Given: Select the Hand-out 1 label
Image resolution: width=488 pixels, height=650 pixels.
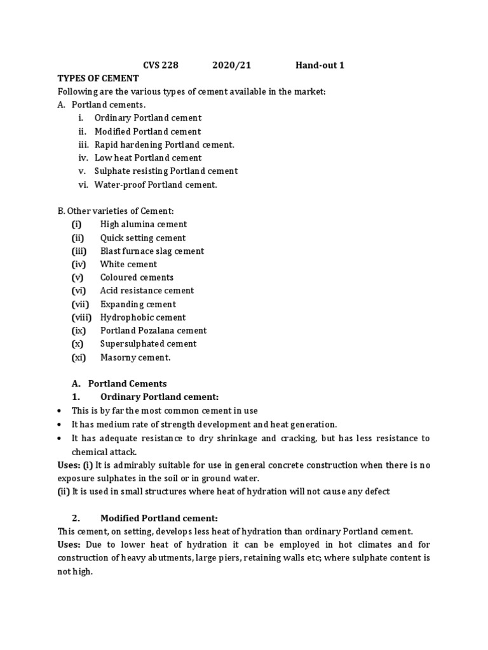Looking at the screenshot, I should (320, 65).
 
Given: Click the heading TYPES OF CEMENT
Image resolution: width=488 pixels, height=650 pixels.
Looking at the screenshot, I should (98, 78).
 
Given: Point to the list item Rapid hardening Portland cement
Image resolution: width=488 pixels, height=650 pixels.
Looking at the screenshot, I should (165, 145).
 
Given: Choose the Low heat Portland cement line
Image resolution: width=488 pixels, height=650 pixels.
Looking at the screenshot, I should (148, 158).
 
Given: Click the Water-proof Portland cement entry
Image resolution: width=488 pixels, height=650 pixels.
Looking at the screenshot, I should (156, 185).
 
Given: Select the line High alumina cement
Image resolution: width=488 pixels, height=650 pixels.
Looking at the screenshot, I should (144, 225).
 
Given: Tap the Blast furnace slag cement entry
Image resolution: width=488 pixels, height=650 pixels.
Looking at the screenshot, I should (152, 251).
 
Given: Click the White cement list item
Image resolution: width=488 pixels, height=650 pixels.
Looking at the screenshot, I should (128, 265).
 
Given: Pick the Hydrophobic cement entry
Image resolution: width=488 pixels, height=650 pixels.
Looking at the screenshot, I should (143, 317).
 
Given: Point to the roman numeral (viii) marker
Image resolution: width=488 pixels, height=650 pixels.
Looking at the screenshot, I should (82, 317).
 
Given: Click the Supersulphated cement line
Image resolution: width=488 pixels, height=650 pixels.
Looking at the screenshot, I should (148, 344).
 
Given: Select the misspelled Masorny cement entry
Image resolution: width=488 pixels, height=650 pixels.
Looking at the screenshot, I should (135, 357).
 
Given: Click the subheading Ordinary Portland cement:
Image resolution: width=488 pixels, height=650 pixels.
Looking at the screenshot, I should (159, 397).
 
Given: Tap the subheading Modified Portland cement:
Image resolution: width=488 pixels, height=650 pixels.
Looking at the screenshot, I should (159, 519).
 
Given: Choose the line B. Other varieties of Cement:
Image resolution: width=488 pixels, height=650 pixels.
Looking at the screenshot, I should (111, 211).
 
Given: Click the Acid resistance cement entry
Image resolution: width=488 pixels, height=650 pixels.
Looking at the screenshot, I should (147, 291).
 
